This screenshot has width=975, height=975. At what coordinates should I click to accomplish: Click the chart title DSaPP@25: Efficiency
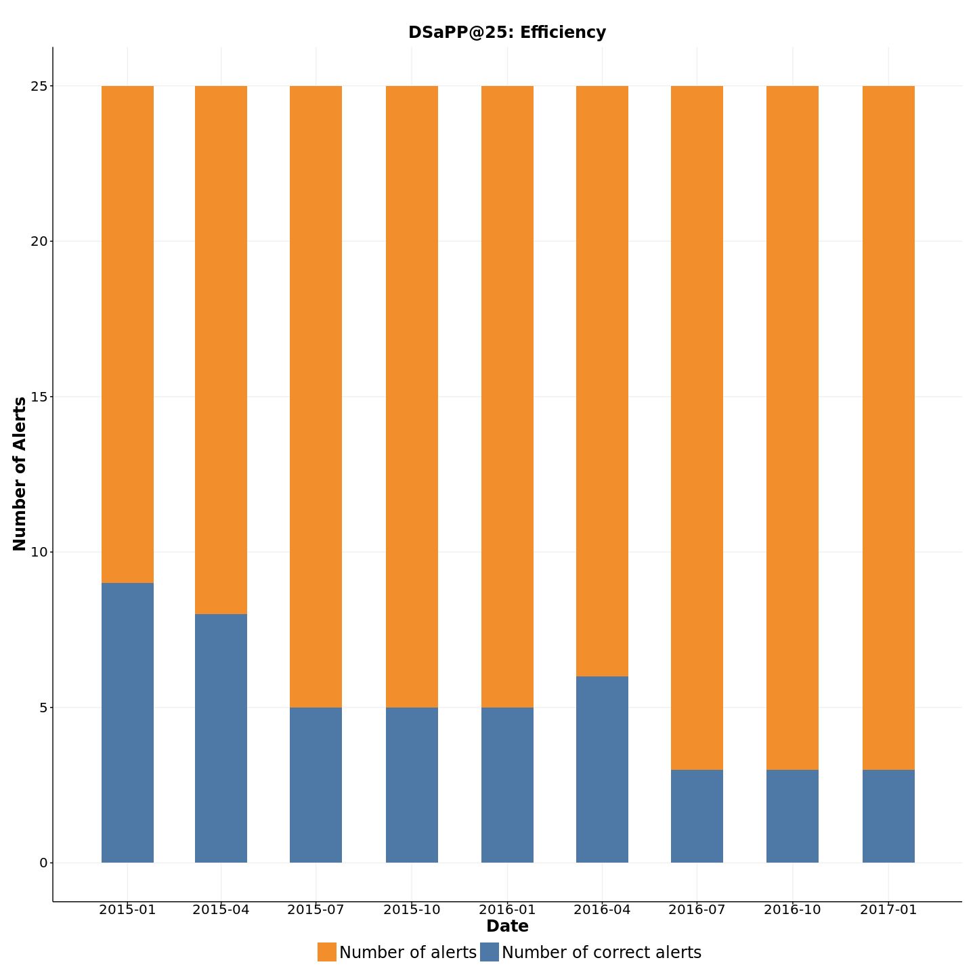[x=506, y=32]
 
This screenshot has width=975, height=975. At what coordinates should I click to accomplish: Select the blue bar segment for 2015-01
[x=127, y=722]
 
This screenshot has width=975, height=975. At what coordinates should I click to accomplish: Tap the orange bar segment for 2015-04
[x=221, y=350]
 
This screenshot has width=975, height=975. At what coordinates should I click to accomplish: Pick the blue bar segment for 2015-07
[x=316, y=785]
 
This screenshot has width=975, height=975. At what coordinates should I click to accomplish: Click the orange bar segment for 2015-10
[x=412, y=397]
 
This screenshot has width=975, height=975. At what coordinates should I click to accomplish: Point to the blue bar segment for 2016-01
[x=507, y=785]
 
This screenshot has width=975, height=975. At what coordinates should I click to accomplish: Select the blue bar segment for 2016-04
[x=602, y=769]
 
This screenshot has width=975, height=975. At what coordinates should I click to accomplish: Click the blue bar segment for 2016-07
[x=697, y=816]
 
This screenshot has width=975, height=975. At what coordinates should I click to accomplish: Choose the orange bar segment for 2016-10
[x=792, y=428]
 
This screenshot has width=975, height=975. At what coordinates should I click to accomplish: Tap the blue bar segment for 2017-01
[x=888, y=816]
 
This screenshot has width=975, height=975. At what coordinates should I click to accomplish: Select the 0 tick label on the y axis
[x=43, y=863]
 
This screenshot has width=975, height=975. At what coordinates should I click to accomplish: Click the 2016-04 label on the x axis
[x=602, y=910]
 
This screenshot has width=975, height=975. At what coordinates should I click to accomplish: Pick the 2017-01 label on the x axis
[x=888, y=910]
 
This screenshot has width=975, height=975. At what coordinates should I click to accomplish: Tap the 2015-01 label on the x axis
[x=127, y=910]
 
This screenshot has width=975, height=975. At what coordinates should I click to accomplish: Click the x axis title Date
[x=507, y=926]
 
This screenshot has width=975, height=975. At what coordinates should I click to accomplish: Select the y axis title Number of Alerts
[x=20, y=474]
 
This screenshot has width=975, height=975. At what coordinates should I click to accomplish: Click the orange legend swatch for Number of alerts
[x=327, y=952]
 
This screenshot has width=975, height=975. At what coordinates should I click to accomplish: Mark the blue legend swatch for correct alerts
[x=490, y=952]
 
